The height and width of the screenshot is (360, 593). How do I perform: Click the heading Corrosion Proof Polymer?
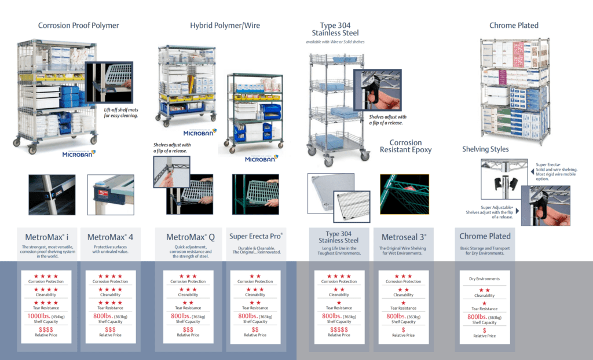pyautogui.click(x=79, y=25)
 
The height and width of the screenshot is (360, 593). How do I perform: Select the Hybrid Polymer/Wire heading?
pyautogui.click(x=225, y=25)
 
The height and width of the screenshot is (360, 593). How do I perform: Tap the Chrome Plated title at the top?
pyautogui.click(x=514, y=25)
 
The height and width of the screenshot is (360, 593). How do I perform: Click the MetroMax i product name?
pyautogui.click(x=47, y=237)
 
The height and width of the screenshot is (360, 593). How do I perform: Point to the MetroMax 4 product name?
pyautogui.click(x=110, y=237)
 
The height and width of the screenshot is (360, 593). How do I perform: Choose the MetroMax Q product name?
pyautogui.click(x=191, y=237)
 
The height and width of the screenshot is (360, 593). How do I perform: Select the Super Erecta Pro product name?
pyautogui.click(x=256, y=236)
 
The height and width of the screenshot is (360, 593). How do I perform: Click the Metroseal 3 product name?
pyautogui.click(x=403, y=237)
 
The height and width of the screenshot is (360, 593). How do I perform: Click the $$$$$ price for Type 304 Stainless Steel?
pyautogui.click(x=339, y=329)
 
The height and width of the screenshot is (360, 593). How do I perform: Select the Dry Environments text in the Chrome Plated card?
pyautogui.click(x=484, y=279)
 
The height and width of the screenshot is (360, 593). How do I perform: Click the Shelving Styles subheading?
pyautogui.click(x=485, y=149)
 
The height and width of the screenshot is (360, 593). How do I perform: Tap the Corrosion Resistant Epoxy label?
pyautogui.click(x=405, y=146)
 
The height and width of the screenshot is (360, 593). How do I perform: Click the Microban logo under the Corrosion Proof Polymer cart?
pyautogui.click(x=79, y=153)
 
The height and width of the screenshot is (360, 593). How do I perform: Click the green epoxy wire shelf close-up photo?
pyautogui.click(x=404, y=194)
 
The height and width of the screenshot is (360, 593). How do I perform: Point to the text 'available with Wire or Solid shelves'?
pyautogui.click(x=335, y=42)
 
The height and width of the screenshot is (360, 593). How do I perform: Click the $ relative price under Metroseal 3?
pyautogui.click(x=403, y=329)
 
